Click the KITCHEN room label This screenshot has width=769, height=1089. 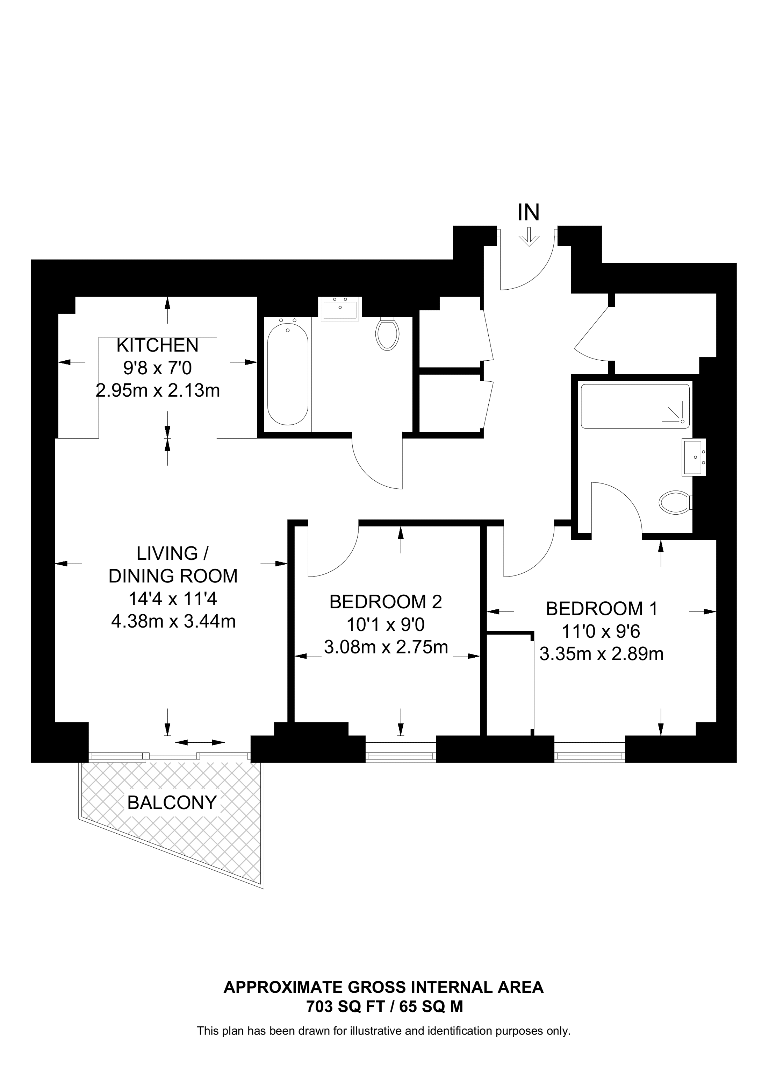[157, 345]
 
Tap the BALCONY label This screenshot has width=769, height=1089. [172, 802]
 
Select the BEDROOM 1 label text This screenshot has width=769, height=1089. [602, 609]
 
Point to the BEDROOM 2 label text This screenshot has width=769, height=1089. [386, 602]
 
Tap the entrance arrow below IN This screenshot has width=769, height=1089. [529, 237]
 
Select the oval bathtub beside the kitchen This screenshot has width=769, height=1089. [288, 374]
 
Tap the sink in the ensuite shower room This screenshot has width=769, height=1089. [693, 457]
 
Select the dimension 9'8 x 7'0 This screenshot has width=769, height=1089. [158, 368]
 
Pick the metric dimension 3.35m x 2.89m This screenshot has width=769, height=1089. [602, 655]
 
